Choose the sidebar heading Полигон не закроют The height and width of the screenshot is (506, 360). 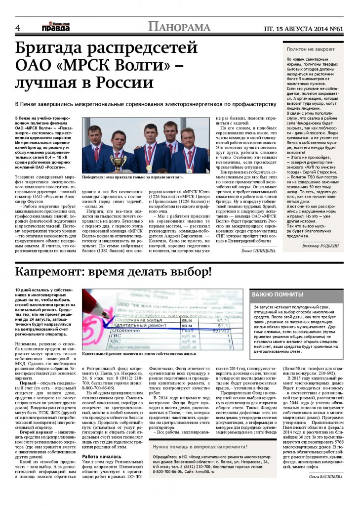[309, 50]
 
